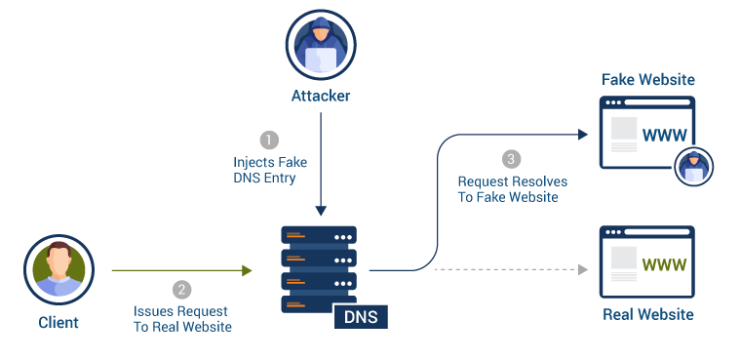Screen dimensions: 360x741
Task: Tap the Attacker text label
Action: point(320,97)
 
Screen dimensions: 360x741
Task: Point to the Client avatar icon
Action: point(58,269)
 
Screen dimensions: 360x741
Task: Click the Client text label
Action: point(58,322)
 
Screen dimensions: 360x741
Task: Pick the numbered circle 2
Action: point(182,290)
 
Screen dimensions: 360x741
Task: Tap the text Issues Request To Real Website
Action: point(182,319)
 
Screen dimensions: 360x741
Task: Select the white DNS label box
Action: point(361,316)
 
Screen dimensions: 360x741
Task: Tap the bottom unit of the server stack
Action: point(319,303)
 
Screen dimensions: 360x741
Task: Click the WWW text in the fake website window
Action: point(668,134)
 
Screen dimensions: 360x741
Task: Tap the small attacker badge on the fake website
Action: point(694,165)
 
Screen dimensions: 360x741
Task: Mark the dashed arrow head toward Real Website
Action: point(584,269)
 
